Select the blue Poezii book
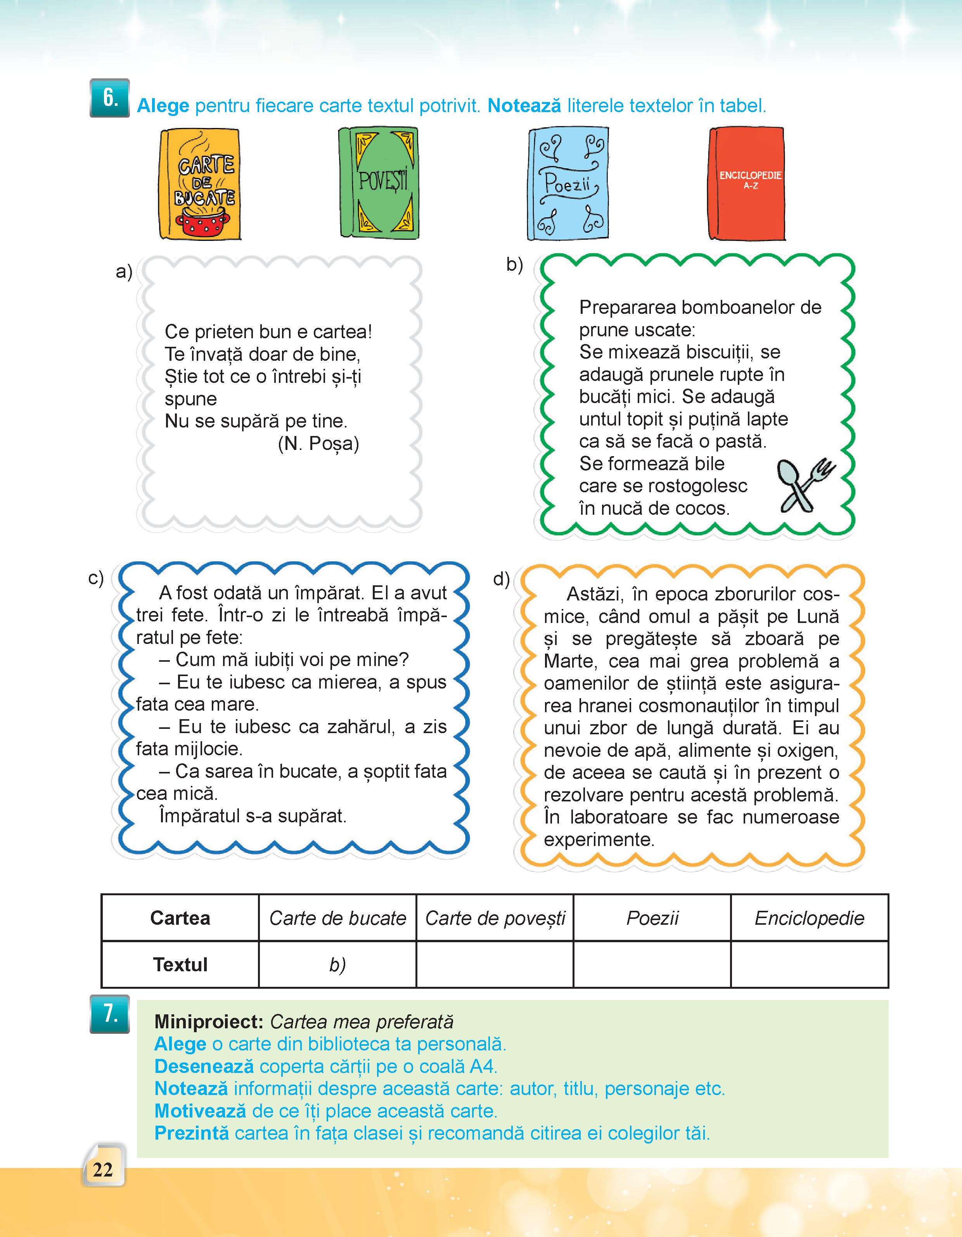pos(568,184)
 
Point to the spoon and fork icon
pos(805,484)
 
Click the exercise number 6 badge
pos(109,98)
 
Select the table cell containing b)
pos(337,965)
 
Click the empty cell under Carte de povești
pos(495,965)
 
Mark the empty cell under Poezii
pos(652,965)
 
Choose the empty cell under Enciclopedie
pos(809,965)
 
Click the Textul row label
pos(180,965)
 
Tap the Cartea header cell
pos(180,918)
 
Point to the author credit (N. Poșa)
pos(318,443)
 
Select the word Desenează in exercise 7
pos(204,1066)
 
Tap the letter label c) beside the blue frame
pos(96,578)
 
